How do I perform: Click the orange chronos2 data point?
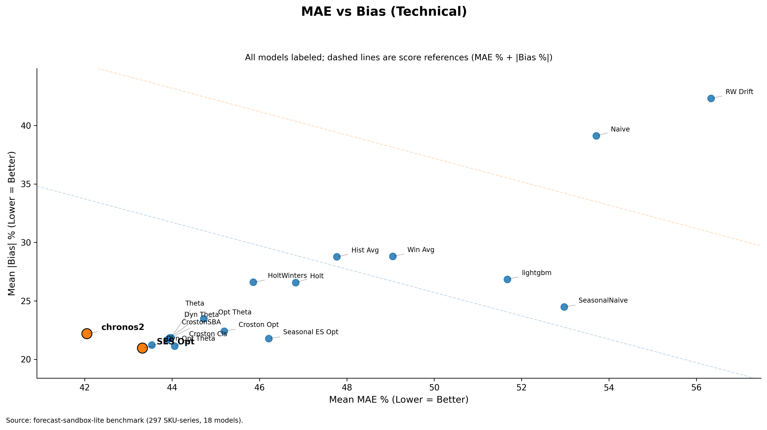87,334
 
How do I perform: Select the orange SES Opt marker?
142,348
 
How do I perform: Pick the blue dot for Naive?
596,136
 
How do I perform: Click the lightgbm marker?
507,279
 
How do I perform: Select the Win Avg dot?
393,256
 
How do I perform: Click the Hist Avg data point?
337,257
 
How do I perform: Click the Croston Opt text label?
258,325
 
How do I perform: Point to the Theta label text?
194,303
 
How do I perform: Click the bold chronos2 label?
123,327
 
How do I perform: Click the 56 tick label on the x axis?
696,388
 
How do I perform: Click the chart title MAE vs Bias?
384,12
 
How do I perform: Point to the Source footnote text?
124,421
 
